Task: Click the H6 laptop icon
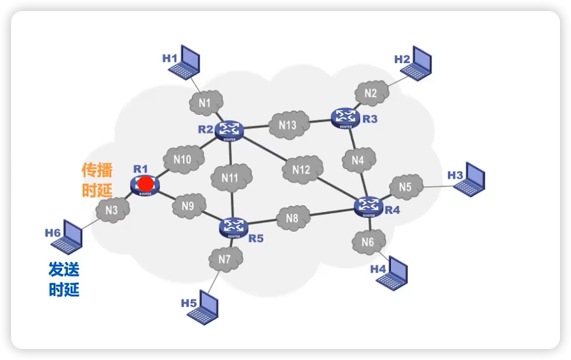point(67,238)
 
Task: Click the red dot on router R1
point(145,184)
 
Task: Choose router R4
point(369,206)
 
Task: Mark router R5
point(233,227)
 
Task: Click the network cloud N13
point(288,125)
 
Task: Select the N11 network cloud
point(231,178)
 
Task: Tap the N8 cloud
point(293,218)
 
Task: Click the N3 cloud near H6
point(111,210)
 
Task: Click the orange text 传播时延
point(97,180)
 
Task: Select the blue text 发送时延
point(64,278)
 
